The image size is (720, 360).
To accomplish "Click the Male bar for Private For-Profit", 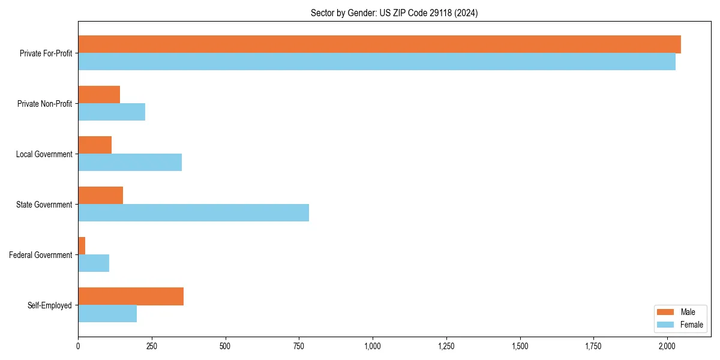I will [x=379, y=44].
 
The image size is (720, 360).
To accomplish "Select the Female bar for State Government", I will [x=193, y=213].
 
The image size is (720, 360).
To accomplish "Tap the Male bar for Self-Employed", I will [x=131, y=296].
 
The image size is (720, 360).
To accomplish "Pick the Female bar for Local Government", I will [x=130, y=163].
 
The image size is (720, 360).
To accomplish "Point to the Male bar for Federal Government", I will [x=82, y=246].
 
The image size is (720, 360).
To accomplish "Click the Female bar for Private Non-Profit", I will [x=112, y=112].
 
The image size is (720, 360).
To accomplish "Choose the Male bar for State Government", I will [x=100, y=196].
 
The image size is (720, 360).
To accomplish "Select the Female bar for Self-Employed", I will [x=107, y=314].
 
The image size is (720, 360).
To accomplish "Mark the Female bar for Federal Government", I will [x=94, y=263].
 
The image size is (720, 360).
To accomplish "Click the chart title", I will [x=394, y=13].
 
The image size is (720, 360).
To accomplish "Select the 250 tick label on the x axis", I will [x=152, y=346].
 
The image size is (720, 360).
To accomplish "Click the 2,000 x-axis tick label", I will [x=667, y=346].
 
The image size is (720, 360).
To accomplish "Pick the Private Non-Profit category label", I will [x=44, y=104].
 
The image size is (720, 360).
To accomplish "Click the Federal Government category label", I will [x=41, y=255].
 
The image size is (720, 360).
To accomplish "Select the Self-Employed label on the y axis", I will [x=50, y=305].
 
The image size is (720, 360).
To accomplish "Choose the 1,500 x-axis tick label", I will [x=520, y=346].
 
